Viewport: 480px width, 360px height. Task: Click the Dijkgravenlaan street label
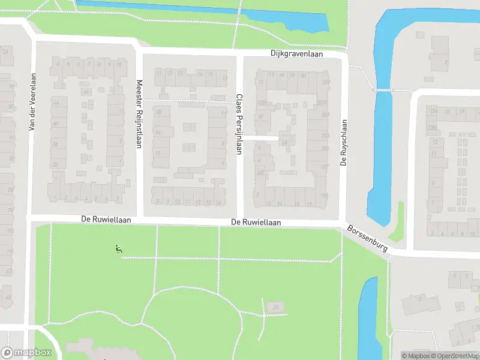296,54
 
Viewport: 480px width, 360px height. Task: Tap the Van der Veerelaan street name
32,102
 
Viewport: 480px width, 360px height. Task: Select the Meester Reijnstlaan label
139,115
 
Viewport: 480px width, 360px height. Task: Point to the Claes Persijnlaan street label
239,124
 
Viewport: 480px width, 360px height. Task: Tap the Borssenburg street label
368,238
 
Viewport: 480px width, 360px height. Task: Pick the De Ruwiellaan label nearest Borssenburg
256,223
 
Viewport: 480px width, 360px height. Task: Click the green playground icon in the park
118,249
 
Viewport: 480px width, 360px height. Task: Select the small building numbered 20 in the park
275,307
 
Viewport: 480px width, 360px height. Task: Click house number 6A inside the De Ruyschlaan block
283,142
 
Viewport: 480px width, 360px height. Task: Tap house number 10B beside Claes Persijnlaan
261,103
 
